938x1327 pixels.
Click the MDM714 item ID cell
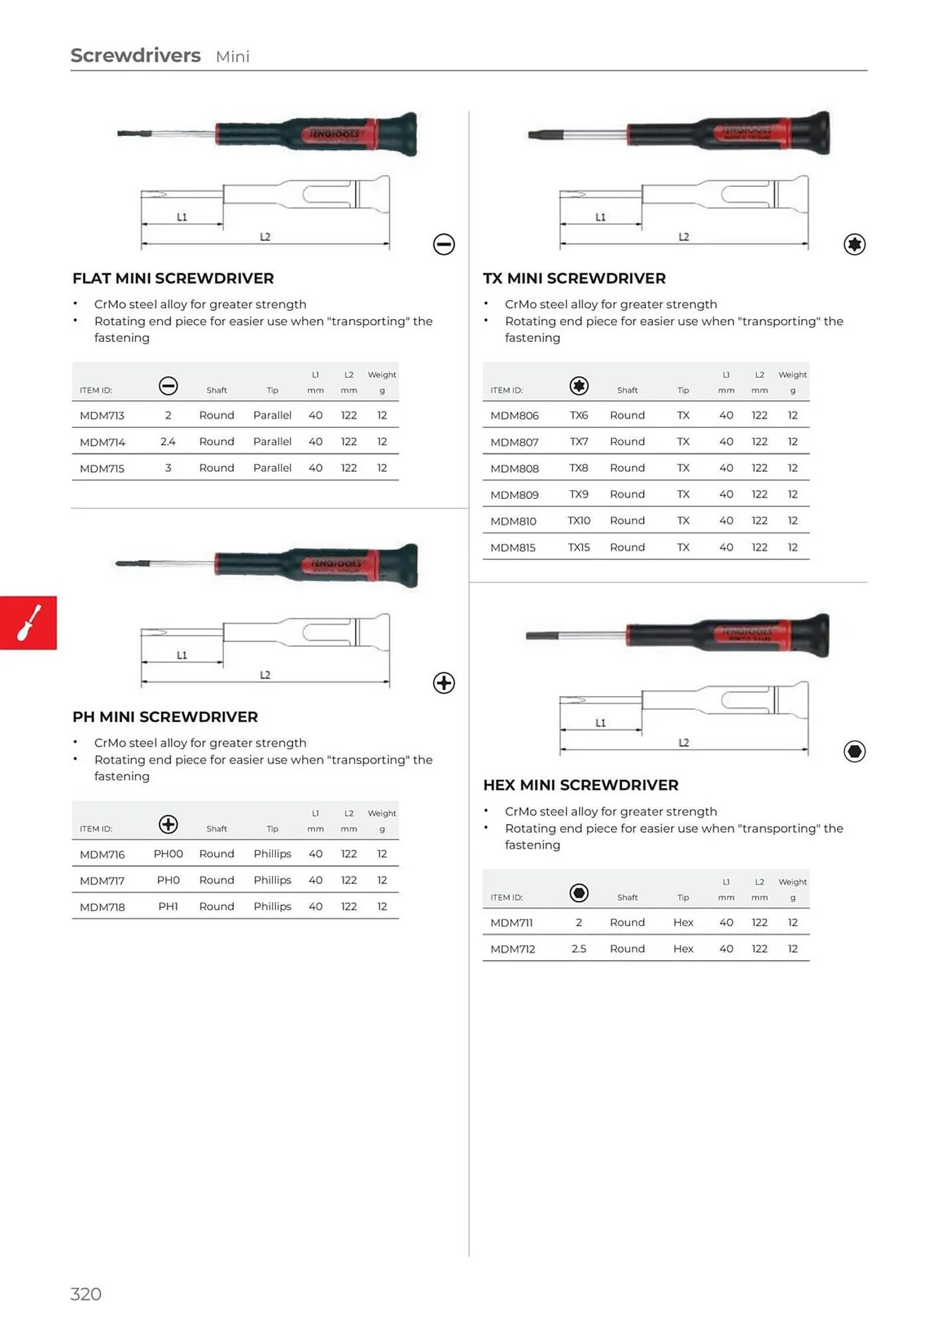[102, 442]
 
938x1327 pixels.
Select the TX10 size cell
[578, 521]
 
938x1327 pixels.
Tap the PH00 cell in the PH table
[168, 854]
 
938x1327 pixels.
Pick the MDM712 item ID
[512, 949]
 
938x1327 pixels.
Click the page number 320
[86, 1294]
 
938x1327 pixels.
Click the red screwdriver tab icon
[29, 622]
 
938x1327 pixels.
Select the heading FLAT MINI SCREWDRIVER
[173, 279]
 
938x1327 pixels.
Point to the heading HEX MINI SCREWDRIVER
[580, 785]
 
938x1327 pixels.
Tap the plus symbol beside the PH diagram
[444, 683]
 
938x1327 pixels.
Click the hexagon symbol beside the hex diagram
[854, 751]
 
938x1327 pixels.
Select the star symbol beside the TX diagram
[854, 244]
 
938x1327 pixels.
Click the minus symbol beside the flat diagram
[444, 244]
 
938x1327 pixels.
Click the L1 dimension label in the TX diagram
[600, 217]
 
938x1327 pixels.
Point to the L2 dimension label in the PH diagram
[265, 675]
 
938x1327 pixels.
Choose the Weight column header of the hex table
[792, 882]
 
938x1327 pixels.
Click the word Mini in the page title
[232, 57]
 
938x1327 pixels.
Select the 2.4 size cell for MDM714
[168, 442]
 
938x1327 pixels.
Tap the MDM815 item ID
[512, 547]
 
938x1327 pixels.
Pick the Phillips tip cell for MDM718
[272, 906]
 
